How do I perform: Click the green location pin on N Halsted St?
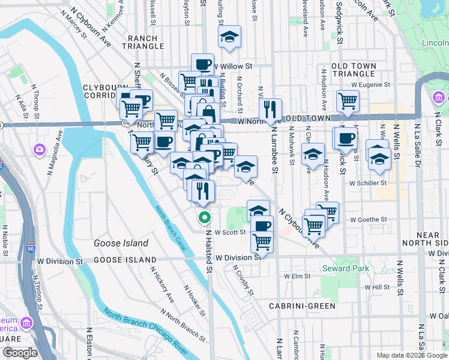[205, 218]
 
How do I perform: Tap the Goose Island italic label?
[121, 243]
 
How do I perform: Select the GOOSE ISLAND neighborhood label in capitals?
[124, 260]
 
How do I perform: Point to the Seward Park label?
[345, 268]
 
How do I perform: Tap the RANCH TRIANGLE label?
[143, 42]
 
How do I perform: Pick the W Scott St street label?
[231, 232]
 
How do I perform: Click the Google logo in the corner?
[19, 353]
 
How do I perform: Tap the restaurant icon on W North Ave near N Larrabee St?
[271, 109]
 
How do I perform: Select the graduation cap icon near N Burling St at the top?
[229, 37]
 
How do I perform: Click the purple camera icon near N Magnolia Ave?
[40, 149]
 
